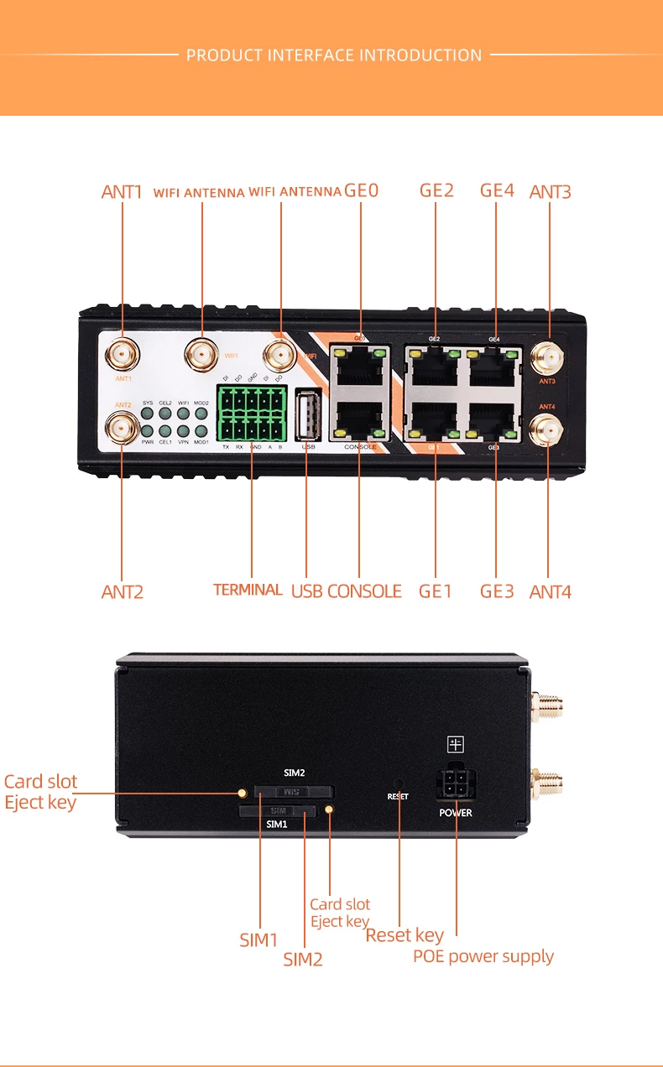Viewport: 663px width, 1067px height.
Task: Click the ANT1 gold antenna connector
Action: click(x=123, y=357)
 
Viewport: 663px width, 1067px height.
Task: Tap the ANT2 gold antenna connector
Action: click(x=123, y=429)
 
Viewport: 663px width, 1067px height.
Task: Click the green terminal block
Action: click(x=252, y=414)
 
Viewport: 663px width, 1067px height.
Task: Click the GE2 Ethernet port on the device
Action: click(x=435, y=364)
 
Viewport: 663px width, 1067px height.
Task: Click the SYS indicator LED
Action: click(x=148, y=413)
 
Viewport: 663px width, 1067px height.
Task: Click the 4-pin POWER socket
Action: click(x=456, y=789)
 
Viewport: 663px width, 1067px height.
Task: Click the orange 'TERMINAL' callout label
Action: click(x=248, y=590)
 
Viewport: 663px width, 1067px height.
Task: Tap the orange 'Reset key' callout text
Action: click(x=405, y=934)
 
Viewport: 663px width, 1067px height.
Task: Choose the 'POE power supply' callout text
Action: click(x=483, y=956)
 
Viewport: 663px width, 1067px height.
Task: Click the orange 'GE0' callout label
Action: click(x=362, y=190)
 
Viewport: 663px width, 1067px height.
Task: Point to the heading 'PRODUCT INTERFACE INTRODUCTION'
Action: click(x=334, y=55)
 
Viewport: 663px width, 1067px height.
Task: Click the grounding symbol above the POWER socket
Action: click(x=456, y=744)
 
